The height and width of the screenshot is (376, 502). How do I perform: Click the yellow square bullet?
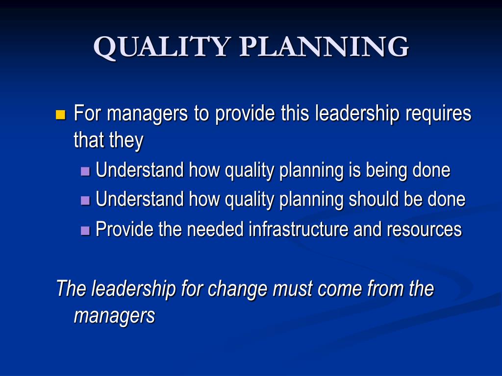coord(61,116)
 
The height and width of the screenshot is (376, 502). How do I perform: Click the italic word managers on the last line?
coord(114,315)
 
